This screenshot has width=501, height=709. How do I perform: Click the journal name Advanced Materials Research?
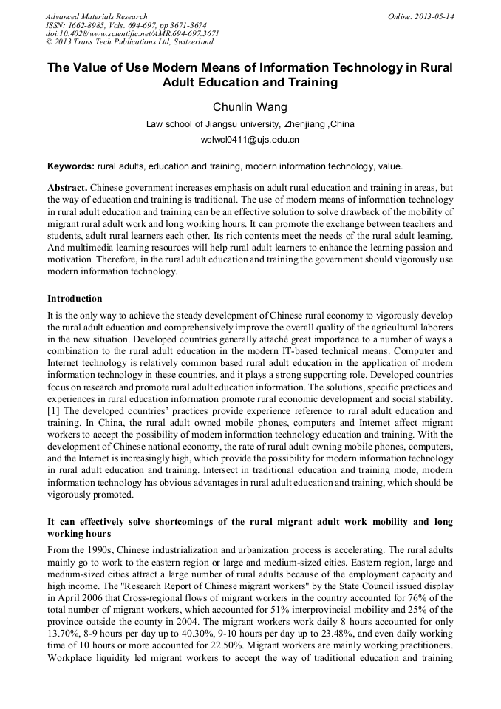point(96,16)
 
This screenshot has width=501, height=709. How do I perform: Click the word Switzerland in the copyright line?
point(191,43)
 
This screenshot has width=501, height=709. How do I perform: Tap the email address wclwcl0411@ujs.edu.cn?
point(250,139)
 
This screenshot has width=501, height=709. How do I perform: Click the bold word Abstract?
point(68,188)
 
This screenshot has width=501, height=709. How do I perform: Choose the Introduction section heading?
point(75,299)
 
